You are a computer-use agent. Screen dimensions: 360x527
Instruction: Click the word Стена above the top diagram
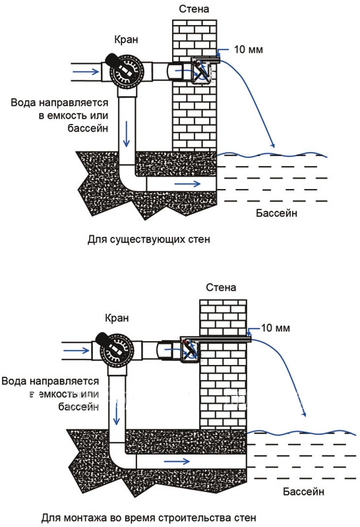coord(194,9)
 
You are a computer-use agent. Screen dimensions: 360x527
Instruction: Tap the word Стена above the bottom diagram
coord(221,287)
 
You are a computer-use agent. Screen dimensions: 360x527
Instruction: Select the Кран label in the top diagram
coord(126,40)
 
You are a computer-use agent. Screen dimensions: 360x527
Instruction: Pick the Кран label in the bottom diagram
coord(117,318)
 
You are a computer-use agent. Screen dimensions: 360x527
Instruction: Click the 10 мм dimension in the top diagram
coord(249,49)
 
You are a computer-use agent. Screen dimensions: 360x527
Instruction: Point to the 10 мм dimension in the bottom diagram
coord(275,328)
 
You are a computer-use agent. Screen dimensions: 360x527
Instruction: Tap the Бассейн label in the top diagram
coord(276,213)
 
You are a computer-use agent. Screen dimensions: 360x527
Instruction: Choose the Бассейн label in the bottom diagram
coord(303,491)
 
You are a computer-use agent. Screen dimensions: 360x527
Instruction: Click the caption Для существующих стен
coord(149,239)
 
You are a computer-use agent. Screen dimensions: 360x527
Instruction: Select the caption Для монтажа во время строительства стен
coord(149,518)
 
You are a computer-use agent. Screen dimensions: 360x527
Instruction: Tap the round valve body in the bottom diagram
coord(118,350)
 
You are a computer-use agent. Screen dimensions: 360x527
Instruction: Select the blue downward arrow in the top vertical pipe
coord(126,134)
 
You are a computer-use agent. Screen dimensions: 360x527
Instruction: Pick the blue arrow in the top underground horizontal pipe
coord(187,184)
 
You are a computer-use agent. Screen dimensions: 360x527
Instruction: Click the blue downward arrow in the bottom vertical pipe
coord(117,412)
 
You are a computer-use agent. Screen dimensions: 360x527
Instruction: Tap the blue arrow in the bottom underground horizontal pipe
coord(177,462)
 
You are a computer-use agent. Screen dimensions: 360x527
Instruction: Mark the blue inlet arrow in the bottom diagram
coord(76,350)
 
